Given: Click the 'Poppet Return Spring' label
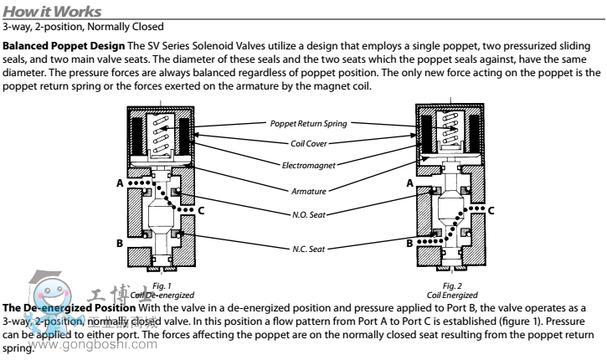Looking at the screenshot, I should click(302, 124).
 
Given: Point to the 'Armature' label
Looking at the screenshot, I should click(302, 191).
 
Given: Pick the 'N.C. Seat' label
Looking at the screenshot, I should click(302, 249).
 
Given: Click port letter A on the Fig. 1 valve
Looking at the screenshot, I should click(120, 183).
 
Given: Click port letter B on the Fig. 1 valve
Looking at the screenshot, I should click(121, 243).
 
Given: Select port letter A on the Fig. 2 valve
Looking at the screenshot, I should click(409, 182).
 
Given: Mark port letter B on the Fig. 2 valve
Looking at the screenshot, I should click(409, 243).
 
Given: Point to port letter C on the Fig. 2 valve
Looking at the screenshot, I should click(491, 210).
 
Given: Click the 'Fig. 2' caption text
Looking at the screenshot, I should click(451, 287).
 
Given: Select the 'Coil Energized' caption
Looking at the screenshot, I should click(451, 296).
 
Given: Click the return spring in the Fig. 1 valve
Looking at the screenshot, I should click(164, 135).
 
